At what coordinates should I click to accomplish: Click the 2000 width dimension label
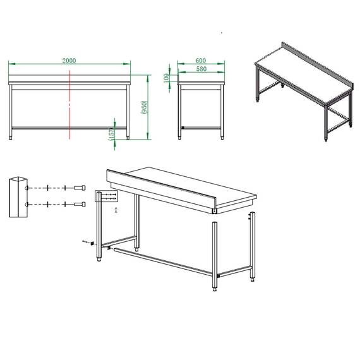tap(69, 61)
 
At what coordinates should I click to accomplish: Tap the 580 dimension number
tap(201, 69)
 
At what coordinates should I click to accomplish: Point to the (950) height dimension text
tap(145, 109)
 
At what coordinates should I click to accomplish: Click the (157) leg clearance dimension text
tap(111, 133)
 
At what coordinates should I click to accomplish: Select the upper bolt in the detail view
tap(80, 188)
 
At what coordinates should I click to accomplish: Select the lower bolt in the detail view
tap(80, 204)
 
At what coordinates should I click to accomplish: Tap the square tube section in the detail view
tap(18, 196)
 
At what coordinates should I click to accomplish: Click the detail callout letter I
tap(116, 209)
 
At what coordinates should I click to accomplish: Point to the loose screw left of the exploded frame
tap(87, 242)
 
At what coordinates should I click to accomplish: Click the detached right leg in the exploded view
tap(252, 246)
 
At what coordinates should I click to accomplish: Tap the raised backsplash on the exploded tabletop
tap(161, 189)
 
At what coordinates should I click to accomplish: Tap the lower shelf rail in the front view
tap(69, 128)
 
